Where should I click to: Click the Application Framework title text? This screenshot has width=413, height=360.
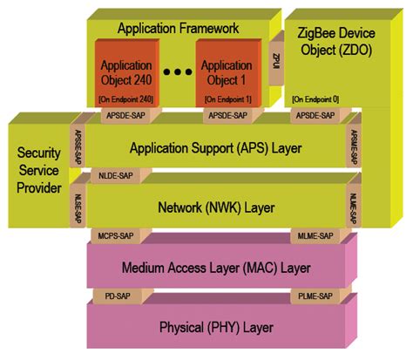178,28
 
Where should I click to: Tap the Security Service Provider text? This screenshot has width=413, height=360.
39,171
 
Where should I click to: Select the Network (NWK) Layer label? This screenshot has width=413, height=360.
215,207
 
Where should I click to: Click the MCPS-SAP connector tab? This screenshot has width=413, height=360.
113,235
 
